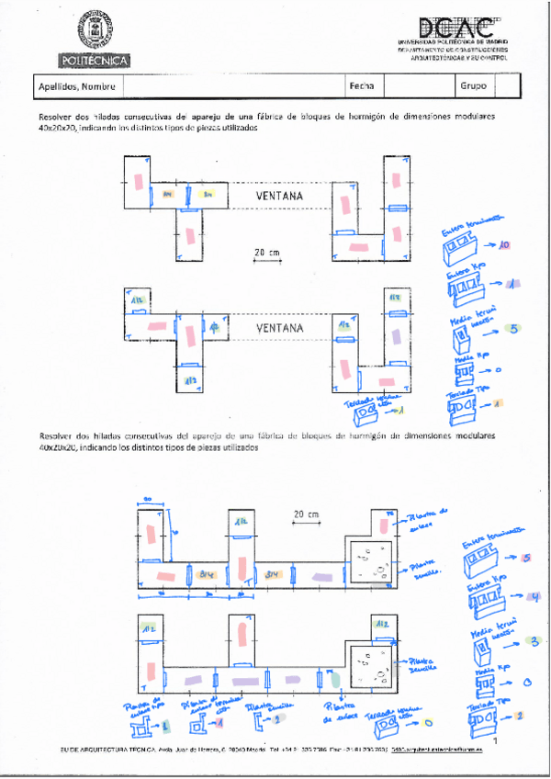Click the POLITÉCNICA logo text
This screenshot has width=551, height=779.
96,61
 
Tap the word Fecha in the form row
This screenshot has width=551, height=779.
361,87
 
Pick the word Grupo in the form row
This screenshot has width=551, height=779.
473,87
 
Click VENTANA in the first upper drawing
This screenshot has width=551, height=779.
280,196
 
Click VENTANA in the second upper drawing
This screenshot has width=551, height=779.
280,327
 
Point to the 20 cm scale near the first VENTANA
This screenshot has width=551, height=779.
267,252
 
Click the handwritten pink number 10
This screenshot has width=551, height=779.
503,245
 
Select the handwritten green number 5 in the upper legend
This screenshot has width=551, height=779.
515,327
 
